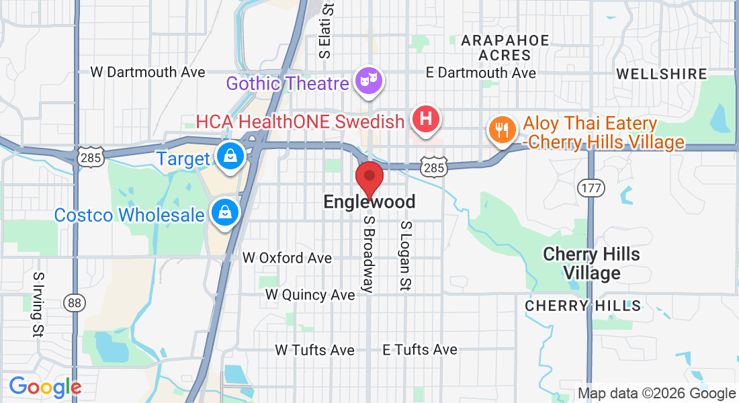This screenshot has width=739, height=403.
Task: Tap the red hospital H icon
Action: [x=425, y=120]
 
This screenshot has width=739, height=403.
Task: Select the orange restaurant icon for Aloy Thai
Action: [x=501, y=128]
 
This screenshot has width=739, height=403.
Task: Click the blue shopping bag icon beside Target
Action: [x=230, y=156]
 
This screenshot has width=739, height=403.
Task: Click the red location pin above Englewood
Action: [x=369, y=178]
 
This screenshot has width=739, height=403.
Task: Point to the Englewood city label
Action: [x=369, y=201]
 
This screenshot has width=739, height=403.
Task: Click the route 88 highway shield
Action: [x=74, y=303]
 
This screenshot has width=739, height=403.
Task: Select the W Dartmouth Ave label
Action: [x=148, y=72]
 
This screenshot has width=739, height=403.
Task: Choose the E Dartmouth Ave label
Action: [x=482, y=73]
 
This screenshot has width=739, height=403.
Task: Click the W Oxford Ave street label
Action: [x=287, y=258]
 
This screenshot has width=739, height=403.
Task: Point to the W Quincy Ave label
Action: [x=310, y=295]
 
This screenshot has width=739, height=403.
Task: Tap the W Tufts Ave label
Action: [x=314, y=350]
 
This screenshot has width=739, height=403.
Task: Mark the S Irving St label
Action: [x=38, y=304]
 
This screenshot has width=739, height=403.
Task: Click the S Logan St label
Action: [x=405, y=256]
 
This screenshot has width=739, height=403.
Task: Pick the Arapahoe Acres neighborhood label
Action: [x=505, y=48]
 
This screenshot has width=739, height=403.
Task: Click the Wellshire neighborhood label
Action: [x=661, y=74]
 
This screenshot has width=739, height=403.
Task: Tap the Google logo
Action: [x=45, y=387]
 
